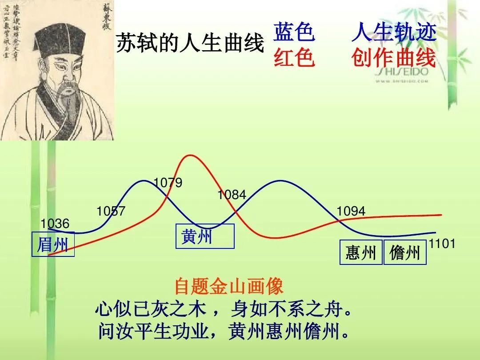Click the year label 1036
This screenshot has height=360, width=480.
(55, 224)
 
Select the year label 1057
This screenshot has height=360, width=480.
(111, 212)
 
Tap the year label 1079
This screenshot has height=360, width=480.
(168, 183)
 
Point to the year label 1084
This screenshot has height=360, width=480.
(232, 195)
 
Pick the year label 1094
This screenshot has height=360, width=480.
(351, 212)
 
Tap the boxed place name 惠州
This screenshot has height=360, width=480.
(361, 253)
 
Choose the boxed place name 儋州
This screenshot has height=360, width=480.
(405, 253)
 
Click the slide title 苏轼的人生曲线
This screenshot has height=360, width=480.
(190, 44)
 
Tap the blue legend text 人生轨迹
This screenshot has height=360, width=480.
(394, 32)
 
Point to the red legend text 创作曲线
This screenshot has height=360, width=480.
(394, 57)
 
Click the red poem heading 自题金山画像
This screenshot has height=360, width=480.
(228, 286)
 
